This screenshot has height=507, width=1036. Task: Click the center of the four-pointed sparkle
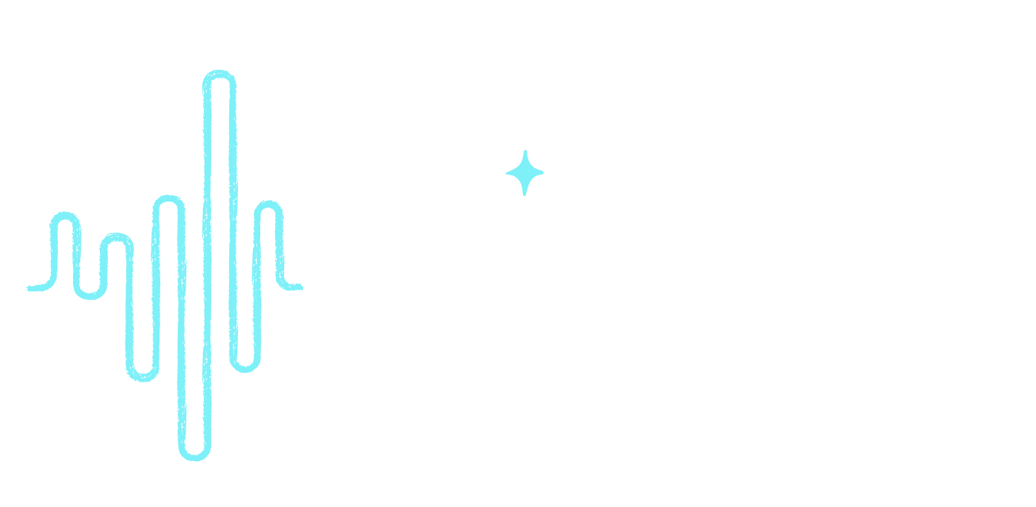[x=524, y=172]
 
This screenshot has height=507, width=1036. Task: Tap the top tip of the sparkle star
[x=524, y=150]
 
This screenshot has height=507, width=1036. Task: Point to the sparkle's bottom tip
[x=524, y=194]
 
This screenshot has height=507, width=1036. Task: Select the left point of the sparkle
[x=506, y=172]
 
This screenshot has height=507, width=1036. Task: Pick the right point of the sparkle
[x=543, y=172]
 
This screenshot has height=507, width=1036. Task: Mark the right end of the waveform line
[x=301, y=286]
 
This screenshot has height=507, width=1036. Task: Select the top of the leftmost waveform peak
[x=65, y=216]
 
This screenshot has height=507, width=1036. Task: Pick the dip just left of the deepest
[x=142, y=378]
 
